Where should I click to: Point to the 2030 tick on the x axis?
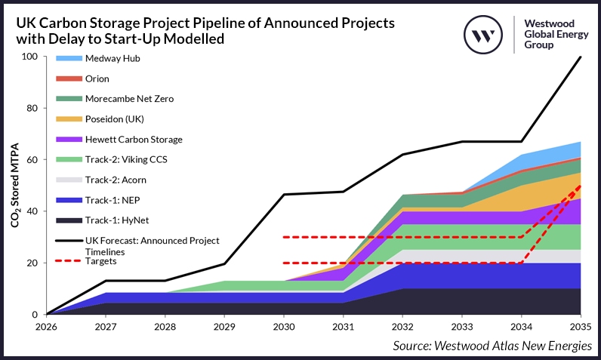pyautogui.click(x=284, y=327)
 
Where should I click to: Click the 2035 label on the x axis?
pyautogui.click(x=581, y=327)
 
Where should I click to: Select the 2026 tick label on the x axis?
pyautogui.click(x=47, y=327)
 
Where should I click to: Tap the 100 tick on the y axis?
pyautogui.click(x=29, y=57)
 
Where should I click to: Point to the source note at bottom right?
pyautogui.click(x=492, y=345)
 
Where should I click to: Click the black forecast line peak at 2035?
pyautogui.click(x=581, y=57)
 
